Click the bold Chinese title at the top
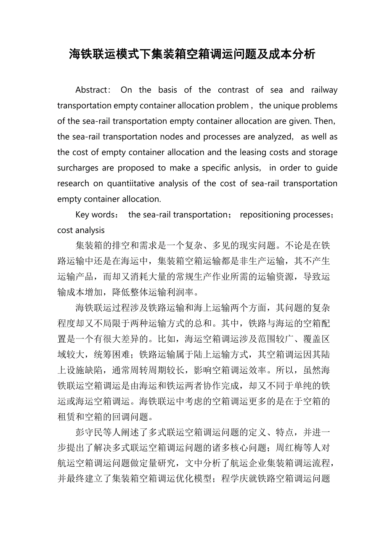coord(192,54)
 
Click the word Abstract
coord(93,90)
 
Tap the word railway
coord(324,90)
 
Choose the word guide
coord(327,168)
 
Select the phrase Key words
coord(94,215)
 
